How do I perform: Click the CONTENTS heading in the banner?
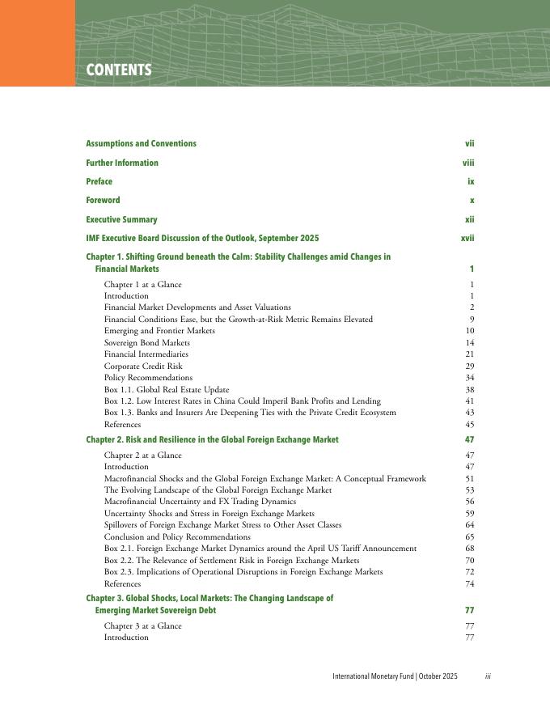coord(119,70)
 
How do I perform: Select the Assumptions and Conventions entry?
coord(141,144)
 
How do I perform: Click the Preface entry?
coord(99,182)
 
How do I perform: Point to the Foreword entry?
coord(103,201)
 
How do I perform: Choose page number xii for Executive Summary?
coord(469,219)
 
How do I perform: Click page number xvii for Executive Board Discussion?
coord(467,239)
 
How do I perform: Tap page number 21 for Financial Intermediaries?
coord(469,354)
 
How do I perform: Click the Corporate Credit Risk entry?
coord(143,367)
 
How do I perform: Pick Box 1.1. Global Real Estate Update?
coord(167,389)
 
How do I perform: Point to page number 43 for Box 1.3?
coord(469,413)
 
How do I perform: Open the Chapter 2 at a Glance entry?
coord(143,456)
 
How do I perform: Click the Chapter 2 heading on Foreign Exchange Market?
coord(212,439)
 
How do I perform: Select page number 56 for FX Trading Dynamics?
coord(469,502)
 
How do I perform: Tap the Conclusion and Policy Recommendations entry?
coord(177,537)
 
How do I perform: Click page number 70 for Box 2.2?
coord(469,560)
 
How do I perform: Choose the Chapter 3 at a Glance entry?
coord(143,625)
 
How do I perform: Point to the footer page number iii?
coord(488,676)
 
